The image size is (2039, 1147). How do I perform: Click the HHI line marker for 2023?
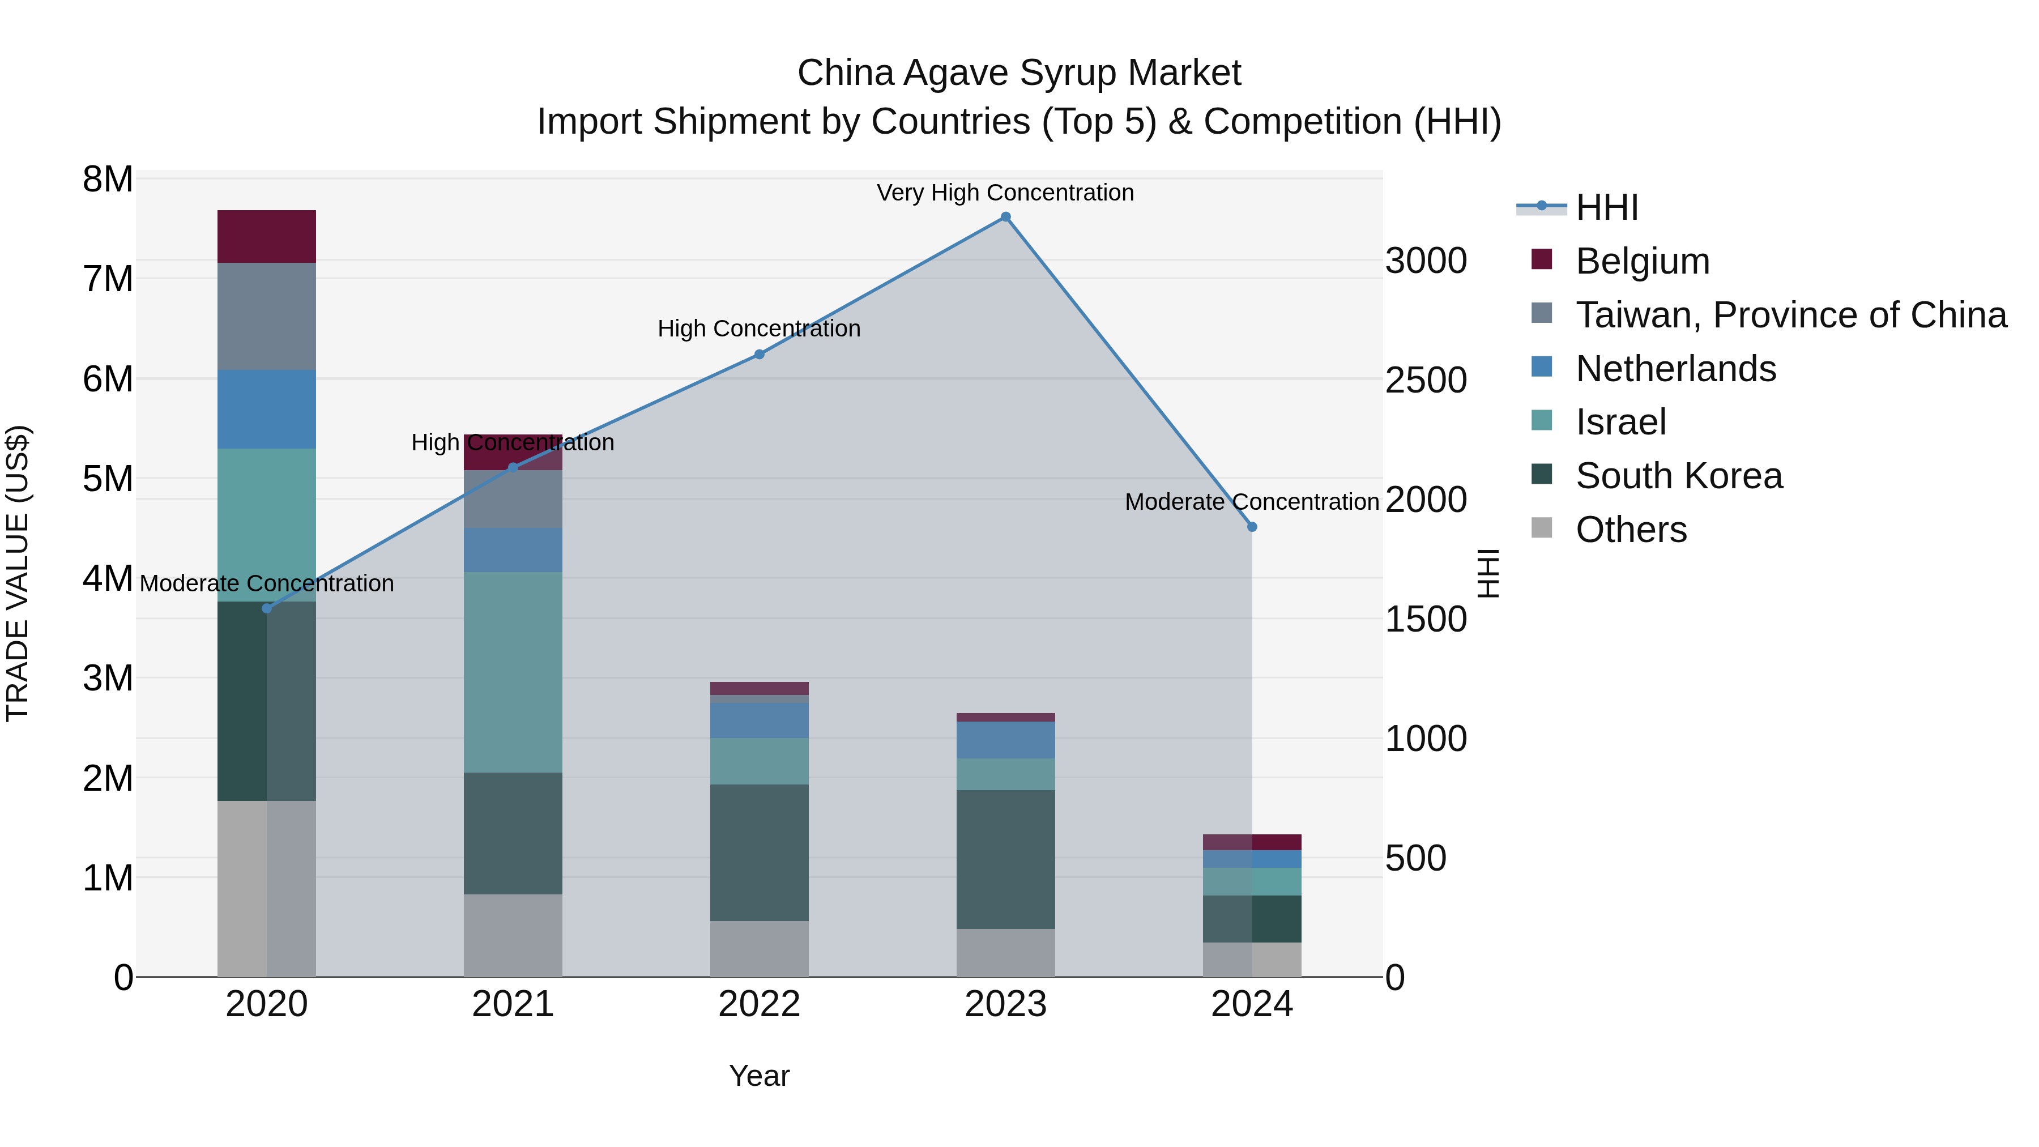(1005, 217)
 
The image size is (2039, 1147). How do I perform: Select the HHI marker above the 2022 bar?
(759, 355)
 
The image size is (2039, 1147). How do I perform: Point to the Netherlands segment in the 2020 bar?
(267, 410)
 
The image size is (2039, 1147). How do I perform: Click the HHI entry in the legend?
(1606, 207)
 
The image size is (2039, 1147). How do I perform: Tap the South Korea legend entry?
(1678, 476)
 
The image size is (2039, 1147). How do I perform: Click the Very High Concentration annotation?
(1005, 193)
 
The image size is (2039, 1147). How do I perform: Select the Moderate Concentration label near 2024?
(1251, 502)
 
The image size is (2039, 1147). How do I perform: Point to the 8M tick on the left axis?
(108, 180)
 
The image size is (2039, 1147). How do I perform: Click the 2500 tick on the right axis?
(1426, 380)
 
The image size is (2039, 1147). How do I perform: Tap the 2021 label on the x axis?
(513, 1004)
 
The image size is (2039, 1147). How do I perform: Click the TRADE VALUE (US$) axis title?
(18, 573)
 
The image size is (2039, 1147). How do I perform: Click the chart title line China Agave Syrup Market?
(1019, 73)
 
